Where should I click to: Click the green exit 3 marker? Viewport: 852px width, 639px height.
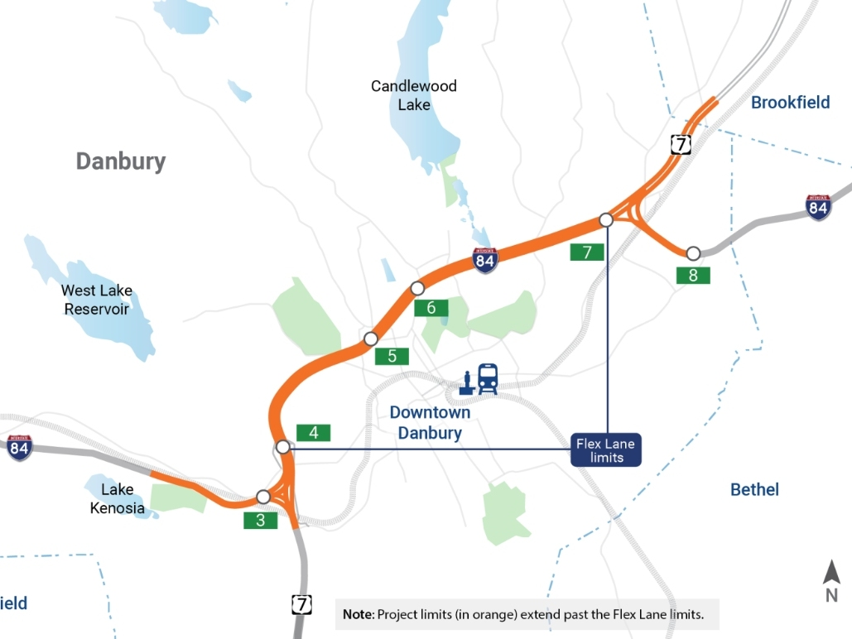(260, 521)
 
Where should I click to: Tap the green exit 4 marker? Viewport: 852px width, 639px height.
(313, 432)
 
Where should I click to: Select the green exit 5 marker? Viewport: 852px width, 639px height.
(392, 356)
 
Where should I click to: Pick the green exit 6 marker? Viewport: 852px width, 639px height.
(431, 308)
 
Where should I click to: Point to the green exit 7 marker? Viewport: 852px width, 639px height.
(587, 252)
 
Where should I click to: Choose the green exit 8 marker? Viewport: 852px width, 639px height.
(693, 276)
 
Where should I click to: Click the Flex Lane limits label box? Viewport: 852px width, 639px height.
(605, 450)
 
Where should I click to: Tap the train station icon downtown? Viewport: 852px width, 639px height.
(480, 380)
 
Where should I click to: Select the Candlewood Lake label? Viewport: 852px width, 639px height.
(413, 95)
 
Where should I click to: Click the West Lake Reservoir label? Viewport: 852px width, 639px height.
(96, 300)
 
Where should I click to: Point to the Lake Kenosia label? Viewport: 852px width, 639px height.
(118, 498)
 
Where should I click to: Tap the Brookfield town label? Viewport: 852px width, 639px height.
(790, 103)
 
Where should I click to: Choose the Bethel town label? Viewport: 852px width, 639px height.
(754, 490)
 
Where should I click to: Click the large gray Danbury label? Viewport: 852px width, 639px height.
(121, 161)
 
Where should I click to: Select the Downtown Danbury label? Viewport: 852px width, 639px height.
(430, 422)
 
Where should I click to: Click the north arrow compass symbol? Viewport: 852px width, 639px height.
(831, 579)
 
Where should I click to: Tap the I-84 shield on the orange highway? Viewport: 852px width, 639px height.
(485, 261)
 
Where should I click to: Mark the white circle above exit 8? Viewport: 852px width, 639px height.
(693, 252)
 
